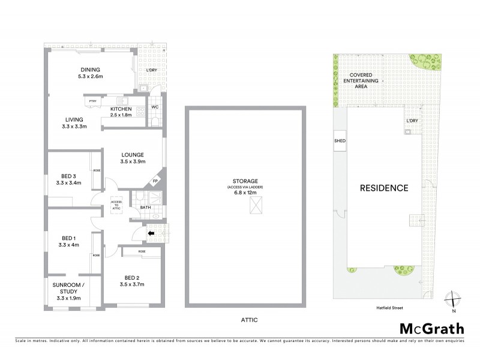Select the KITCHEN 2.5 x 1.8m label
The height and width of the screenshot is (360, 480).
click(x=121, y=112)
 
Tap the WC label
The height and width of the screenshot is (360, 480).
click(x=155, y=107)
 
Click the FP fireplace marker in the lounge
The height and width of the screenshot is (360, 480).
click(x=154, y=180)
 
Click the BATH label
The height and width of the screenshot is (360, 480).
click(x=145, y=208)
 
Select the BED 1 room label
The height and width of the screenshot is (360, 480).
click(x=68, y=241)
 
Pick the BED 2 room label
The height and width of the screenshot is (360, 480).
click(x=132, y=280)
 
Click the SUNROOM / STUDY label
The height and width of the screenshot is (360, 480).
click(x=67, y=290)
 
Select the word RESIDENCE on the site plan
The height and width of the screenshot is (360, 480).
click(x=384, y=188)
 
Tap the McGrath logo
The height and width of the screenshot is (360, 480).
click(x=431, y=328)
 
